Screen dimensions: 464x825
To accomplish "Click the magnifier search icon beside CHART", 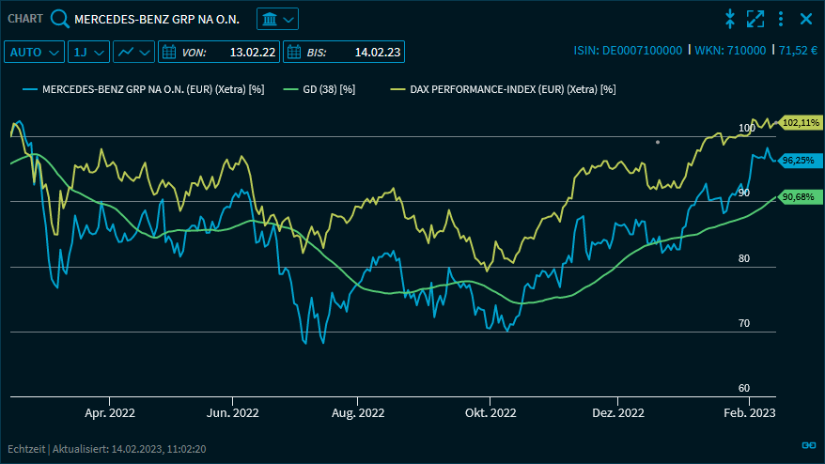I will coord(59,19).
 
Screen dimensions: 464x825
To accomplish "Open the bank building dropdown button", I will coord(277,19).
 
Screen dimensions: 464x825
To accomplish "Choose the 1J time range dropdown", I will coord(89,52).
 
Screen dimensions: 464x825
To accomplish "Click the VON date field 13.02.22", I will coord(219,52).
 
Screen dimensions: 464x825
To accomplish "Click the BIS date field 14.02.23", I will coord(343,52).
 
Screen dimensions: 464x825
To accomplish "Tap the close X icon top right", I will coord(805,19).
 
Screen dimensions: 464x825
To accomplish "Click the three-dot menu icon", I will coord(781,19).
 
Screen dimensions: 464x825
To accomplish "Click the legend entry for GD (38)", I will coord(328,89).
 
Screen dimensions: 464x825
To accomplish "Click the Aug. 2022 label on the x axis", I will coord(358,412).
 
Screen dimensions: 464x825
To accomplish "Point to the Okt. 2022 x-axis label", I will coord(490,412).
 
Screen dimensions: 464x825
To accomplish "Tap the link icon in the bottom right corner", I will coord(807,445).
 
